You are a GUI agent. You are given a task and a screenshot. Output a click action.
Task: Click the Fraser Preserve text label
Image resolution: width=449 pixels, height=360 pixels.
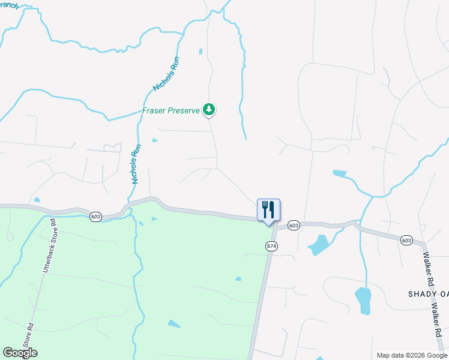(x=171, y=110)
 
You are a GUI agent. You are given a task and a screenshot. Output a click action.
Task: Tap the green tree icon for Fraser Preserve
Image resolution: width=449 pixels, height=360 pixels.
(x=209, y=109)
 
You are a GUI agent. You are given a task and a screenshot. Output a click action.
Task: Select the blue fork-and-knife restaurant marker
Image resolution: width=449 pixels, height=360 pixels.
(x=268, y=210)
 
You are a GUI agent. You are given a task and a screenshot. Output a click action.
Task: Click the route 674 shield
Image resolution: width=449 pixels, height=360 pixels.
(x=272, y=246)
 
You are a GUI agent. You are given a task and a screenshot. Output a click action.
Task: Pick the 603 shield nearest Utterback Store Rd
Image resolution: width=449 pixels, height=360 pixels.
(x=95, y=216)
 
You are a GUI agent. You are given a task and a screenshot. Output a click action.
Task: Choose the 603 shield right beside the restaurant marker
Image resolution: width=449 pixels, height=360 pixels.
(x=293, y=225)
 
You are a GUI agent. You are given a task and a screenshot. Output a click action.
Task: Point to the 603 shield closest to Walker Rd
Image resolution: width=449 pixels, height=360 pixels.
(x=406, y=241)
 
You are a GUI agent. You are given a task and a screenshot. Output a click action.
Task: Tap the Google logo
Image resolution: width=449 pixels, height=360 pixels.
(x=20, y=353)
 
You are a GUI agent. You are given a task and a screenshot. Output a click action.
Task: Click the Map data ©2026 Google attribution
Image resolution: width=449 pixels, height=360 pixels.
(x=412, y=355)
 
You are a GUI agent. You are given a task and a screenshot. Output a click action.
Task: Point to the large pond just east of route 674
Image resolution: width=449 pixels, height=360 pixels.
(x=318, y=244)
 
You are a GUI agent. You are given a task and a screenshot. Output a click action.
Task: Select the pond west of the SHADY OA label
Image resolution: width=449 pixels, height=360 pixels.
(x=363, y=300)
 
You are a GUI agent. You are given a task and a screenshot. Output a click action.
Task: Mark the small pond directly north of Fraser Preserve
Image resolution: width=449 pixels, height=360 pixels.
(x=200, y=52)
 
